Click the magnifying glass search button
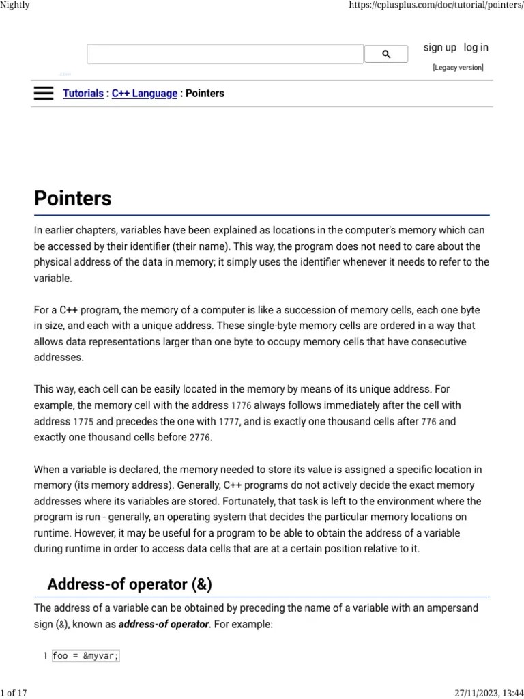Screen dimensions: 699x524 [x=385, y=55]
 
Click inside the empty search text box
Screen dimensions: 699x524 [x=225, y=55]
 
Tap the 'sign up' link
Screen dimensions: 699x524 [x=439, y=48]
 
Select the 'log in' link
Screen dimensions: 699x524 [x=476, y=48]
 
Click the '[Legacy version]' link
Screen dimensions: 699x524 [x=458, y=68]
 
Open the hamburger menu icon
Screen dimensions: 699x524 [x=43, y=94]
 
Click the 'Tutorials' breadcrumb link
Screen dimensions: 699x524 [x=83, y=94]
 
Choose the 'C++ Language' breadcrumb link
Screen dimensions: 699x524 [x=144, y=94]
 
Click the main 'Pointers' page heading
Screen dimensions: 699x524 [x=73, y=199]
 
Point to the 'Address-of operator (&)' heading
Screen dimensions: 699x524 [x=130, y=584]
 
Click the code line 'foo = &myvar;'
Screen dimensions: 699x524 [x=86, y=656]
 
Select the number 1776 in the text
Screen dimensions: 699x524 [x=242, y=406]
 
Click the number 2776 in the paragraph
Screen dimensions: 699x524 [x=200, y=438]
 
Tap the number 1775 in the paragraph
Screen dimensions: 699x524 [x=83, y=422]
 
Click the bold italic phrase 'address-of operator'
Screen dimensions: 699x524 [x=164, y=624]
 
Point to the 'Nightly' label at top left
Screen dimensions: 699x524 [x=15, y=5]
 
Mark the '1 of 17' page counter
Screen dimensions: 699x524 [x=14, y=693]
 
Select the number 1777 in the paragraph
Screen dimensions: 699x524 [x=229, y=422]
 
